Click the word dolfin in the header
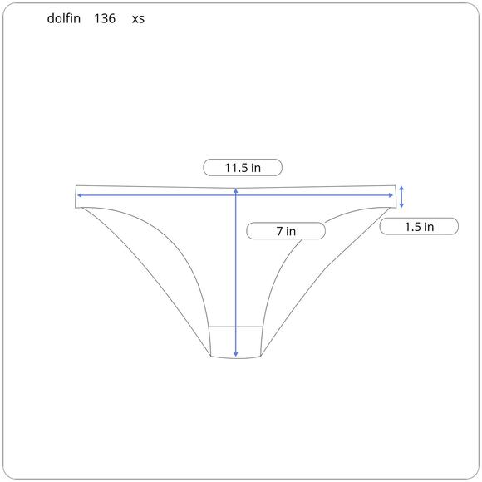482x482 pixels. (64, 18)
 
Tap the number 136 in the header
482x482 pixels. (105, 18)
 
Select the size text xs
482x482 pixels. (138, 19)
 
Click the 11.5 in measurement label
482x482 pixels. (243, 168)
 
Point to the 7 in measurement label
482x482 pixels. (286, 231)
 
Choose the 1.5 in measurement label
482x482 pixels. (419, 227)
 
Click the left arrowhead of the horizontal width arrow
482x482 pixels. (79, 195)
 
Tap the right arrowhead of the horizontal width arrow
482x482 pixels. (391, 195)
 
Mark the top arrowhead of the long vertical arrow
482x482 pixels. (236, 190)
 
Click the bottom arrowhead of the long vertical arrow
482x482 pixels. (236, 355)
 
